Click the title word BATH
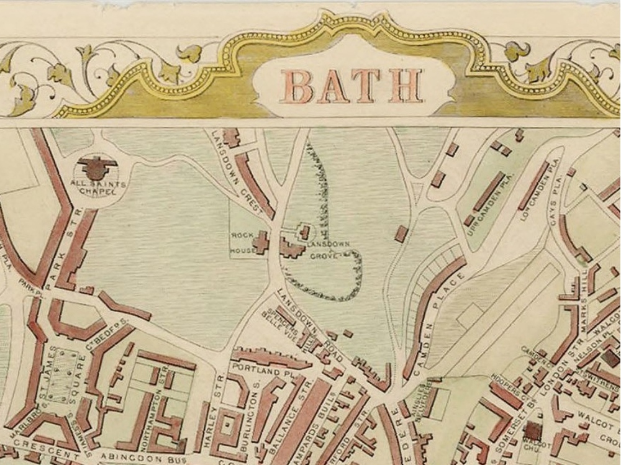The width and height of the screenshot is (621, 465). pyautogui.click(x=352, y=86)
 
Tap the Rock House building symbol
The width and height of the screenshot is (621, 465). pyautogui.click(x=261, y=242)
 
